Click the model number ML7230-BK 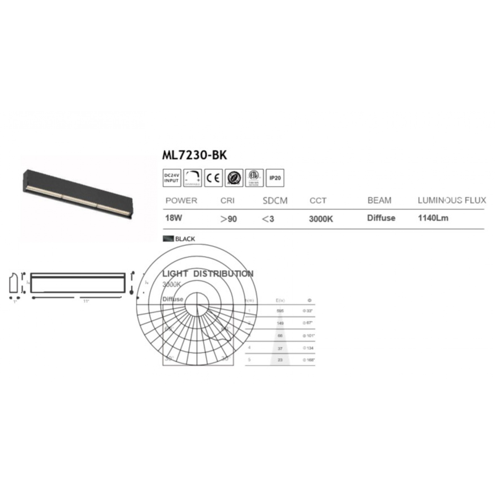click(x=195, y=155)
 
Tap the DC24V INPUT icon click(x=172, y=178)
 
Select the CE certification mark click(x=213, y=178)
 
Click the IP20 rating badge click(x=275, y=178)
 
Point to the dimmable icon click(x=192, y=178)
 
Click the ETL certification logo click(x=254, y=178)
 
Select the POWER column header click(x=181, y=200)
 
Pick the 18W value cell click(x=174, y=218)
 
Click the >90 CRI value click(x=228, y=219)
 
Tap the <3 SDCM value click(x=268, y=219)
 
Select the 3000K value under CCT click(x=321, y=219)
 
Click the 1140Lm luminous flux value click(x=433, y=218)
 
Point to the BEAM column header click(x=379, y=200)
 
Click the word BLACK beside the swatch click(x=185, y=239)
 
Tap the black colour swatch click(x=168, y=239)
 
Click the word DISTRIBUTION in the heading click(x=223, y=274)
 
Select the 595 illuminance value click(x=280, y=311)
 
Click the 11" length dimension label click(x=86, y=301)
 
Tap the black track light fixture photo click(x=78, y=193)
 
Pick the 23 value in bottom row click(x=280, y=360)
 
